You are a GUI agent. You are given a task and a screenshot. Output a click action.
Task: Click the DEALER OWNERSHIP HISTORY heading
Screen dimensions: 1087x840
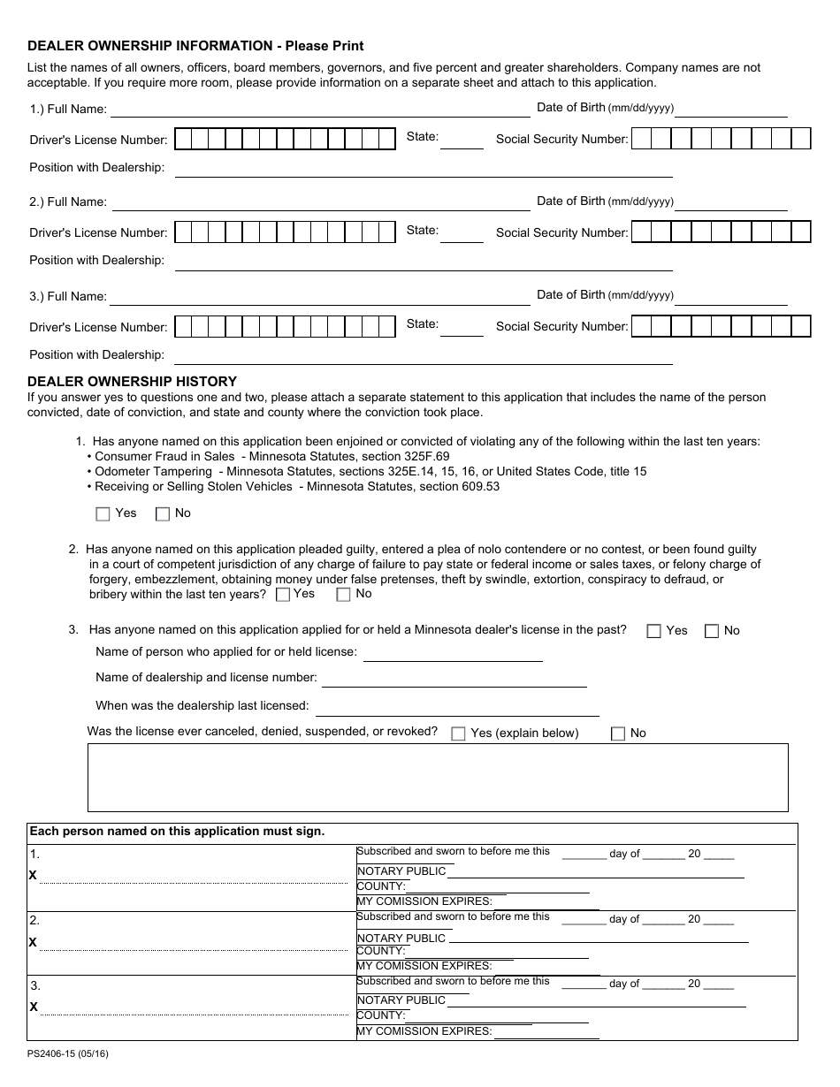click(133, 382)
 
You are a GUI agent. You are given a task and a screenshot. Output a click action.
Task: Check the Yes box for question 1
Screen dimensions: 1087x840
click(103, 514)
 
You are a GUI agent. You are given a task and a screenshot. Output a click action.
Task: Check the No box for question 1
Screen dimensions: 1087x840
click(163, 514)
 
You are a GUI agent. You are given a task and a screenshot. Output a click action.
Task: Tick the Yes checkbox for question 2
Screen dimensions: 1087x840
click(283, 595)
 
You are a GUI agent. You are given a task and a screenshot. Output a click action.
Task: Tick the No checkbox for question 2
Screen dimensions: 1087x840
click(343, 595)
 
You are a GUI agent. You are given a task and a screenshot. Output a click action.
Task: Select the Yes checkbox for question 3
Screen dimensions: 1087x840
click(654, 631)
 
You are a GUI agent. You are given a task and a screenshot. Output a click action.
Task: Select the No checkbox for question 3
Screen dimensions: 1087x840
click(712, 631)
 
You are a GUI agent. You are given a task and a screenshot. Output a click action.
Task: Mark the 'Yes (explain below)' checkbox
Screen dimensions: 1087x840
click(458, 734)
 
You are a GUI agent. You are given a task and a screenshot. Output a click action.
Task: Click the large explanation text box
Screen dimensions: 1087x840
click(438, 778)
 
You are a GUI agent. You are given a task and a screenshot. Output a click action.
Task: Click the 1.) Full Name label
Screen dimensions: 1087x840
click(68, 110)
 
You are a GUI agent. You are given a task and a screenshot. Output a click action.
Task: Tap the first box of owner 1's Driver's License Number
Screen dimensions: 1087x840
click(183, 140)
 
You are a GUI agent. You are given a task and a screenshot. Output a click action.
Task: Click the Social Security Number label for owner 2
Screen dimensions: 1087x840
click(561, 233)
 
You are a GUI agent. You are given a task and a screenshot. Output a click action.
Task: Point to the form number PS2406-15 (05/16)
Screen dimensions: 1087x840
click(68, 1053)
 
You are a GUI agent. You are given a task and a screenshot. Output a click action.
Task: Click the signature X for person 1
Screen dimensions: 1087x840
click(33, 875)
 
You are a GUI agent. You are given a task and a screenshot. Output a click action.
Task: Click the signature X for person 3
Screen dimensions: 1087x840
click(33, 1007)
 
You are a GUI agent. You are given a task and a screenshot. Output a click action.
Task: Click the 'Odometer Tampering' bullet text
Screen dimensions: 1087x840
click(150, 472)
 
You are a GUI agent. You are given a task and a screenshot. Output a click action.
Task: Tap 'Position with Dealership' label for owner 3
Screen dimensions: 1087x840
click(97, 355)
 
